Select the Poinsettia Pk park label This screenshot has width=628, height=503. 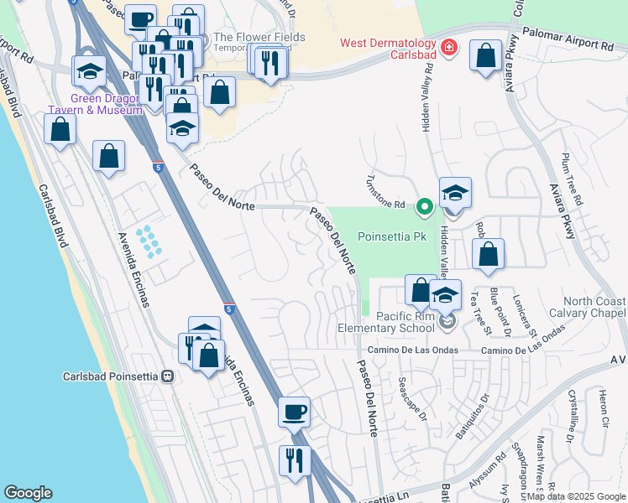coord(387,237)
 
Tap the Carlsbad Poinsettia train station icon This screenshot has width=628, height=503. coord(168,376)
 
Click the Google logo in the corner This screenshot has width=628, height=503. coord(28,493)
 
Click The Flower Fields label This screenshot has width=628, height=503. coord(259,37)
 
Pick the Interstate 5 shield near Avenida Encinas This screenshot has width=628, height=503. coord(228,309)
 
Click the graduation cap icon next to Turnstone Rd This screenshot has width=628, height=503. coord(455,194)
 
